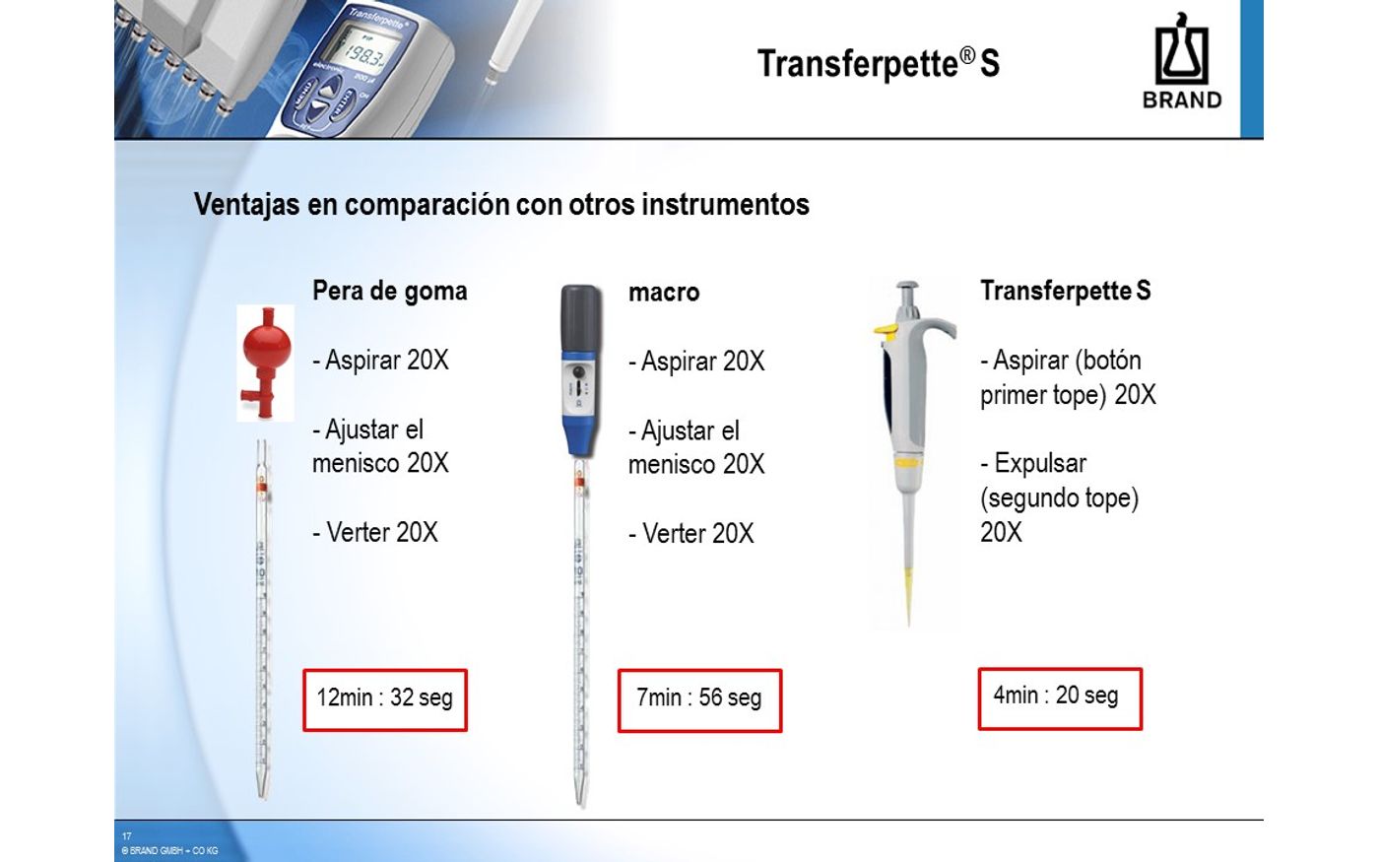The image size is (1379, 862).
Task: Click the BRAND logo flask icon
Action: click(x=1181, y=49)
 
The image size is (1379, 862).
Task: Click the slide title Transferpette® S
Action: click(x=879, y=63)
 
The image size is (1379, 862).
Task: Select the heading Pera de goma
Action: click(x=390, y=291)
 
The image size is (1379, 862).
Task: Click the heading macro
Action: click(x=664, y=293)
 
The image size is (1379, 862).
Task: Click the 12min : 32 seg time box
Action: click(x=385, y=700)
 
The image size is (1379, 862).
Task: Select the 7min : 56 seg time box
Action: click(x=699, y=700)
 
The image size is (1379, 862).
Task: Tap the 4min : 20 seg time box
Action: click(x=1060, y=698)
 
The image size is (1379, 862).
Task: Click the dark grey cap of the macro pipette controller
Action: click(x=580, y=318)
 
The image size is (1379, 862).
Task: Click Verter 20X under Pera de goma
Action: click(x=375, y=533)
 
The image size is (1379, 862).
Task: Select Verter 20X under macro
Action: click(x=691, y=534)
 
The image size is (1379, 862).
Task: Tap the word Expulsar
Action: click(x=1040, y=464)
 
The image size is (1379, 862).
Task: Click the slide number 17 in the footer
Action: click(x=126, y=836)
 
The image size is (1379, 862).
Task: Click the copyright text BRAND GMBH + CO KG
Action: click(x=169, y=851)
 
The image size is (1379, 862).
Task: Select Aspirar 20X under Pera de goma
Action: click(x=381, y=361)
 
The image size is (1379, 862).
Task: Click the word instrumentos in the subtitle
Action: click(x=725, y=205)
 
